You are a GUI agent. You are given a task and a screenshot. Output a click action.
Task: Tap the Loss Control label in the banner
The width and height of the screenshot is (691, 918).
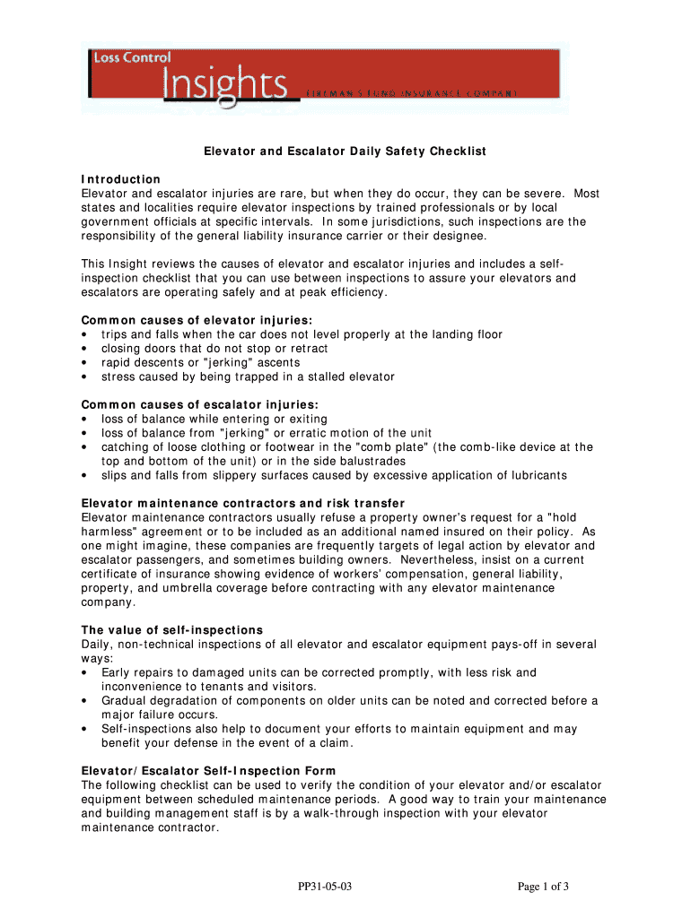pos(132,57)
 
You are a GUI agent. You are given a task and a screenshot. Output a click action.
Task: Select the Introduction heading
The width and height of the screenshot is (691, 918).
pos(121,179)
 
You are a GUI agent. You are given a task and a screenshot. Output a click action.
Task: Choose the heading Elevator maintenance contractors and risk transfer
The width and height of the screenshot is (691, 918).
pos(242,503)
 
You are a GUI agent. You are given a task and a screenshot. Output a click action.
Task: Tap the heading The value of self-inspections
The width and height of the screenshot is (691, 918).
pos(172,630)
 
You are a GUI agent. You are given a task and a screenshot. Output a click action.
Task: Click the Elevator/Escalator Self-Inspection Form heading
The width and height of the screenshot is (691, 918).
pos(208,771)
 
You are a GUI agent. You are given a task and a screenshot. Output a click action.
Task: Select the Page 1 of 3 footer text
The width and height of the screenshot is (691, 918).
pos(543,888)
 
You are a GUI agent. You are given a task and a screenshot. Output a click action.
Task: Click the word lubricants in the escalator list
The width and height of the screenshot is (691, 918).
pos(537,475)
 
